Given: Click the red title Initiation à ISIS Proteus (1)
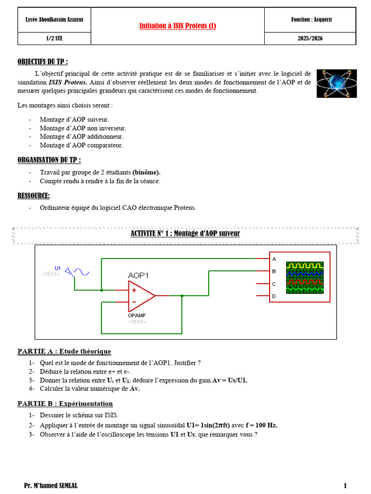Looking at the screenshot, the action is [178, 26].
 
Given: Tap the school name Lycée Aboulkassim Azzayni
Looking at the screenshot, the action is [54, 19].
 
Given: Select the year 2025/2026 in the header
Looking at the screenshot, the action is [310, 39].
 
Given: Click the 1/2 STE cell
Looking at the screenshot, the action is [54, 39].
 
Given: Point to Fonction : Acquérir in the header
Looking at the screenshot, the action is [312, 19].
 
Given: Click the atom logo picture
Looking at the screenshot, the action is [337, 83].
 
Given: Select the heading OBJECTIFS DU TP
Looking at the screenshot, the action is [43, 61].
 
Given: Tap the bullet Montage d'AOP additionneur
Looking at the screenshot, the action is [81, 137].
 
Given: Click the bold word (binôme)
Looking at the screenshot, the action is [146, 172].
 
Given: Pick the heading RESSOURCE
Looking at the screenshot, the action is [33, 196].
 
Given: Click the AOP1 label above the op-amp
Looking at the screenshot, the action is [138, 275].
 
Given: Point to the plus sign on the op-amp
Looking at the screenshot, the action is [134, 290].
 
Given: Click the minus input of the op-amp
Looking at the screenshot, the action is [134, 302].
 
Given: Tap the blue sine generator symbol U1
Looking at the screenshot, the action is [77, 272].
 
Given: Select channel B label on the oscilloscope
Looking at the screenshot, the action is [274, 271].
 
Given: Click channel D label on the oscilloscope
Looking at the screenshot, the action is [274, 296].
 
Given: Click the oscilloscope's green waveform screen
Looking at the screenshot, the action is [305, 277].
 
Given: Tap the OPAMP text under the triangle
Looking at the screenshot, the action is [137, 316].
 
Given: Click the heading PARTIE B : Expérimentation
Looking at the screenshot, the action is [65, 404].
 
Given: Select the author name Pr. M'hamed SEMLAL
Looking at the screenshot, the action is [50, 485].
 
